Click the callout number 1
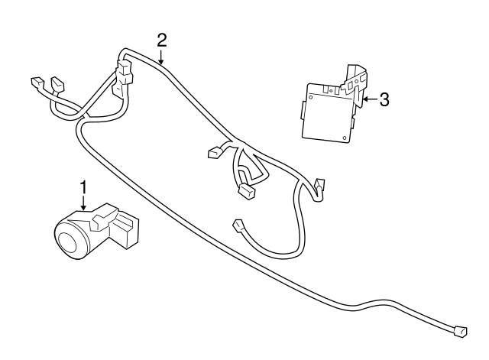point(83,186)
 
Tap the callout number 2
point(161,39)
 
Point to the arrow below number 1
point(83,203)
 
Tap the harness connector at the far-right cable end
point(459,332)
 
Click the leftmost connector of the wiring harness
point(35,83)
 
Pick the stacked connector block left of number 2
point(122,76)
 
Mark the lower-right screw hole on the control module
point(345,139)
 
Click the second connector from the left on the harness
point(55,83)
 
